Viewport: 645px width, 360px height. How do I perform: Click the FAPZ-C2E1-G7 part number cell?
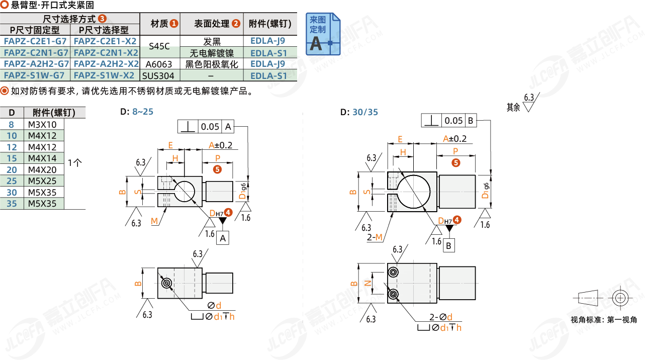(35, 41)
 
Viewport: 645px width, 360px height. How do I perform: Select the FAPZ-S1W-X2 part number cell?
(104, 75)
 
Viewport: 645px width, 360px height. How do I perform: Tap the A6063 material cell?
(159, 64)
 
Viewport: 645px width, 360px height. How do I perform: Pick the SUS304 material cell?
(158, 76)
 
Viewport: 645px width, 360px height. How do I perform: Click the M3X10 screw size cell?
(42, 125)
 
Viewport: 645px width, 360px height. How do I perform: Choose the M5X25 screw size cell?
(42, 181)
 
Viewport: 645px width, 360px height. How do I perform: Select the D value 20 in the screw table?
(12, 170)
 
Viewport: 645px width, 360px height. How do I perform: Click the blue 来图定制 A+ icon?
(323, 34)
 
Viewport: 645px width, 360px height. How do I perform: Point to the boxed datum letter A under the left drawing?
(223, 238)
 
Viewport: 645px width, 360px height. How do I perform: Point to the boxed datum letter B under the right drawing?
(448, 246)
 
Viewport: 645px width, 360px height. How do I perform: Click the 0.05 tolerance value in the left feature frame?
(210, 127)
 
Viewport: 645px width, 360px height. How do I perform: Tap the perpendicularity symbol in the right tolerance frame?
(431, 120)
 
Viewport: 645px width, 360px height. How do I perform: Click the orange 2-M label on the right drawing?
(375, 237)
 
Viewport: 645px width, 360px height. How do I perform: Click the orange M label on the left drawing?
(154, 221)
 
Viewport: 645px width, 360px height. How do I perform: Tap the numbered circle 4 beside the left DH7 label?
(228, 213)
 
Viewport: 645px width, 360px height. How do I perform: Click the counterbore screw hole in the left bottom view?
(167, 283)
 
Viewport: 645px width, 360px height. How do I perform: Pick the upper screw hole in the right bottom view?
(393, 272)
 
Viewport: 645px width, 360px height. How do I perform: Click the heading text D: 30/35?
(359, 112)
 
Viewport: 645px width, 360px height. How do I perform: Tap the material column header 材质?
(164, 24)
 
